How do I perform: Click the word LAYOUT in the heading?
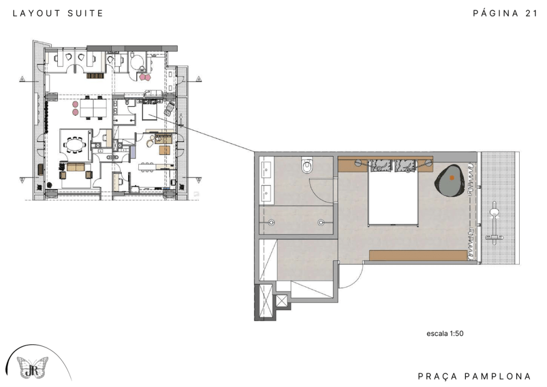click(36, 13)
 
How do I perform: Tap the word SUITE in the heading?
click(85, 13)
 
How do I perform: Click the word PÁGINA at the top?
click(495, 13)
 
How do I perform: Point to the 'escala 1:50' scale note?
click(445, 333)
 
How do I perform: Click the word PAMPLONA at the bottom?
click(498, 376)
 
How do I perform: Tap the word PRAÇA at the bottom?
click(437, 376)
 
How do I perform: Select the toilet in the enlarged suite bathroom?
click(307, 165)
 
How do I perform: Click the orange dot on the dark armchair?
click(452, 177)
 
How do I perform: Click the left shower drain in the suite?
click(271, 222)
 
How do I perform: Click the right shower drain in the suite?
click(321, 222)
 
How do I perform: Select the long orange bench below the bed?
click(418, 255)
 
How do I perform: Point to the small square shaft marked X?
click(282, 301)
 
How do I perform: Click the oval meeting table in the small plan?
click(74, 144)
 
